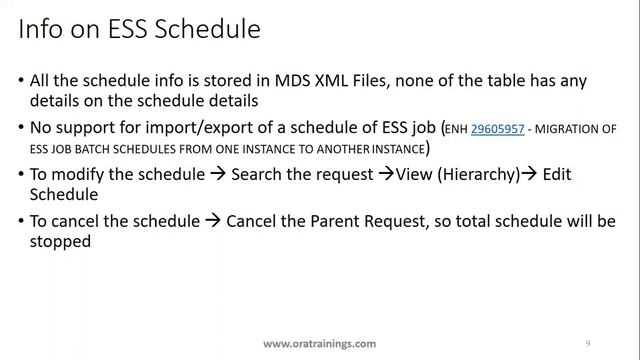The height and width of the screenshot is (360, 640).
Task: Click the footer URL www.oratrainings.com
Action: pos(320,343)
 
